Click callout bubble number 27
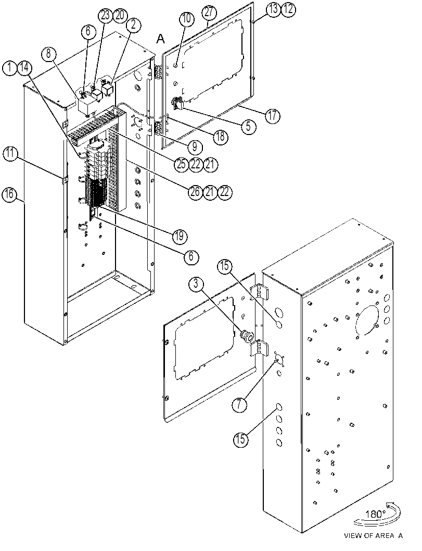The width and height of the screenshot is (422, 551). [x=209, y=13]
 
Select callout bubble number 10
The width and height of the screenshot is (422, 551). [x=187, y=19]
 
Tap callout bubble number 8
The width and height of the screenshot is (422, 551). [x=48, y=54]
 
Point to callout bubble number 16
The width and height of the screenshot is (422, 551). [x=9, y=194]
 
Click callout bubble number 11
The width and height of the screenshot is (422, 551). [x=11, y=154]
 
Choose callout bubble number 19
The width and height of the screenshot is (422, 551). [x=179, y=236]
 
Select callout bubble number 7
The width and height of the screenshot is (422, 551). [x=239, y=405]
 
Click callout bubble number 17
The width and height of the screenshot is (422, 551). [x=273, y=116]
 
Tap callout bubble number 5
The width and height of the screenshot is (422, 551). [x=248, y=126]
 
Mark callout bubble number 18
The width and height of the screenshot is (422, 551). [x=220, y=137]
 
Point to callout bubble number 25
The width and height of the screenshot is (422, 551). [x=182, y=164]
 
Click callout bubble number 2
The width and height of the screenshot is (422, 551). [x=133, y=25]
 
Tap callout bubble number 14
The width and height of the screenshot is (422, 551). [x=24, y=67]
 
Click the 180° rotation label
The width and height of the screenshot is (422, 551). [x=375, y=514]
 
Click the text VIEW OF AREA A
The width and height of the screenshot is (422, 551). [x=373, y=536]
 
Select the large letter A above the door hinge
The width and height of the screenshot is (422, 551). [x=160, y=38]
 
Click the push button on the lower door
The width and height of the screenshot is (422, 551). [x=246, y=336]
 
